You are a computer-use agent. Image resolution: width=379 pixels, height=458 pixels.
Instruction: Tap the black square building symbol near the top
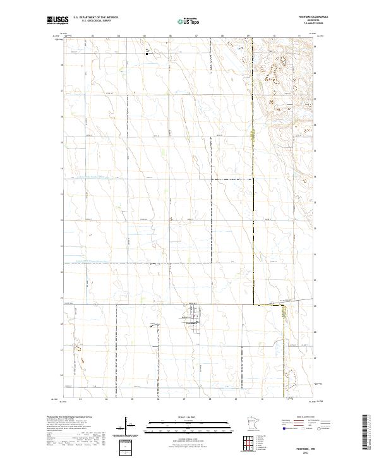[x=147, y=54]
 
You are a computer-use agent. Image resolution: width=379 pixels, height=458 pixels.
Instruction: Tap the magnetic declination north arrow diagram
[x=126, y=426]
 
